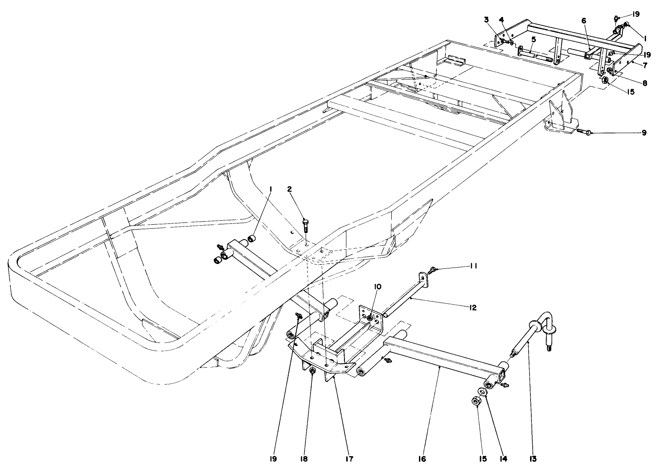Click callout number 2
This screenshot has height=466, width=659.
pos(290,189)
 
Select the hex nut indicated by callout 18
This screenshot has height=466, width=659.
pos(312,371)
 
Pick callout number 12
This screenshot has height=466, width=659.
pos(472,308)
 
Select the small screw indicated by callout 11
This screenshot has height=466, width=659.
pos(432,269)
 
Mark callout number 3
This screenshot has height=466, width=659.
pos(486,19)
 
